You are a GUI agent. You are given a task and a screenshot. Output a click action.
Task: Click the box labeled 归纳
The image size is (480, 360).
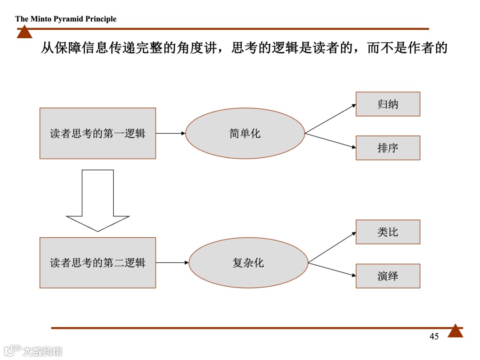(x=388, y=104)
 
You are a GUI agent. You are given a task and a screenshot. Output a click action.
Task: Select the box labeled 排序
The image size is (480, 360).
(x=388, y=148)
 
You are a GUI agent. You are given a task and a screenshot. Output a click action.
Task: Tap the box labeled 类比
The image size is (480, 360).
(x=388, y=232)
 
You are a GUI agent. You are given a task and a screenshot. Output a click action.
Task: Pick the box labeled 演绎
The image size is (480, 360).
(x=388, y=276)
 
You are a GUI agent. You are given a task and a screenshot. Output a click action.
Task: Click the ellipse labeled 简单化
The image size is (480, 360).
(x=245, y=133)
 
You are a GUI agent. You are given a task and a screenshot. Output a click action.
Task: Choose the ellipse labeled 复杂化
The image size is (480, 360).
(x=248, y=263)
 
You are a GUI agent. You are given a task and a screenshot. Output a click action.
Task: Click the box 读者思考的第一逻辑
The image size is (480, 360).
(x=98, y=133)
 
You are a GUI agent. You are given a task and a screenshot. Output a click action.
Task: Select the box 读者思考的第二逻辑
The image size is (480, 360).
(x=98, y=263)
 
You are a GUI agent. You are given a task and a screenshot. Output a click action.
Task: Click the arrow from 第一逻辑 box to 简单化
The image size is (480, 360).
(x=170, y=133)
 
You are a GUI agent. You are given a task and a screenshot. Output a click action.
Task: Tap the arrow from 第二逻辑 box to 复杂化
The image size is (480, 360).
(x=172, y=263)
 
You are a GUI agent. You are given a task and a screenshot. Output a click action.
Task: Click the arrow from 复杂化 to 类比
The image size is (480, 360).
(x=332, y=247)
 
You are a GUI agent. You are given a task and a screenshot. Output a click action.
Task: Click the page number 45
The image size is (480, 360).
(x=434, y=336)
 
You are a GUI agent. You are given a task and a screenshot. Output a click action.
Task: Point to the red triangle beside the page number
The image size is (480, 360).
(x=455, y=332)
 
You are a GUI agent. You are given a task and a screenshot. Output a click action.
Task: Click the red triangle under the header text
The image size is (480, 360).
(x=24, y=32)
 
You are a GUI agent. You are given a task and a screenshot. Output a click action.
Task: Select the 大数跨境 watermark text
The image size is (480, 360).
(x=43, y=351)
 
